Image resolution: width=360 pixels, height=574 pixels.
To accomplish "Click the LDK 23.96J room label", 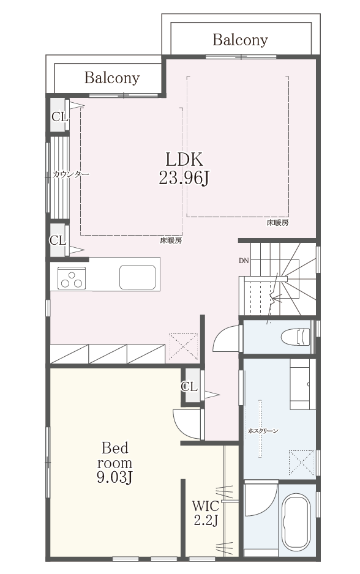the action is click(x=184, y=169).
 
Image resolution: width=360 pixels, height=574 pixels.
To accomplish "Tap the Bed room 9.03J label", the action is click(x=114, y=463).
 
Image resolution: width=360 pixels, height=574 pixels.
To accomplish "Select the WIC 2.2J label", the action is click(x=206, y=513).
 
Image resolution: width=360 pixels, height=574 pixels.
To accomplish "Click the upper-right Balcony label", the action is click(x=240, y=40).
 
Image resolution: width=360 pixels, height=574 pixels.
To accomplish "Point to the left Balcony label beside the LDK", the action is click(x=112, y=78).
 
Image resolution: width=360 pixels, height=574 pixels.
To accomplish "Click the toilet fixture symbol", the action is click(x=296, y=337).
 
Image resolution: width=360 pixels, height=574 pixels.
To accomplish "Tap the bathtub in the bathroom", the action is click(x=298, y=522).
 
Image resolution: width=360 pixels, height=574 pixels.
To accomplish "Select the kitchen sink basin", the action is click(x=137, y=277).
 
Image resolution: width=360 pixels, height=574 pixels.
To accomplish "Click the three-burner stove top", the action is click(x=72, y=278).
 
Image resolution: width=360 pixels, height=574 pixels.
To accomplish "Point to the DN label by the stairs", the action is click(x=244, y=261).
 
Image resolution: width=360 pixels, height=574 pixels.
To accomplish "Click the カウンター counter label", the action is click(x=70, y=174).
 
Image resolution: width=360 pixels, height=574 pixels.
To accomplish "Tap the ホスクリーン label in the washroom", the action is click(x=263, y=431).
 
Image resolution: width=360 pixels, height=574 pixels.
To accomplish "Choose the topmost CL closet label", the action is click(x=59, y=117).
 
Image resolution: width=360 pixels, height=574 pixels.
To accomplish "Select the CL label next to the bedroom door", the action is click(x=189, y=386).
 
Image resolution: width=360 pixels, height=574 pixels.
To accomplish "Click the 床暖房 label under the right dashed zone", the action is click(x=277, y=223).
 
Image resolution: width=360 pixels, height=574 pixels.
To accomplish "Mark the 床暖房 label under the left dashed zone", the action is click(x=171, y=240).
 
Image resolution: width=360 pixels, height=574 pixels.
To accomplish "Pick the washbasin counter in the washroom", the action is click(x=303, y=384).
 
